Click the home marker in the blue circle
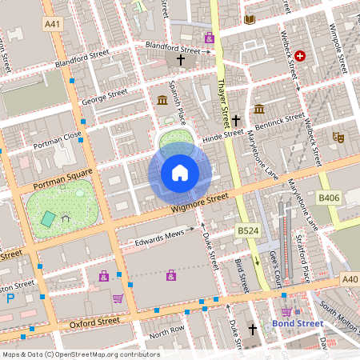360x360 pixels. [x=180, y=173]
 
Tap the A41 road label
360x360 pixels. [x=53, y=25]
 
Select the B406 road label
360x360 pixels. [x=329, y=197]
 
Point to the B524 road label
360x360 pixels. [x=247, y=230]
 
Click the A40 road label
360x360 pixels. [x=350, y=279]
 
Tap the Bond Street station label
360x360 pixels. [x=296, y=324]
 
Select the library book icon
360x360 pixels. [x=250, y=18]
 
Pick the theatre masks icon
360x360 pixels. [x=338, y=138]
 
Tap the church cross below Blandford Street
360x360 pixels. [x=181, y=60]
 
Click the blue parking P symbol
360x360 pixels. [x=10, y=298]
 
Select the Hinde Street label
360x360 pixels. [x=222, y=134]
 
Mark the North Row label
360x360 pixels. [x=166, y=330]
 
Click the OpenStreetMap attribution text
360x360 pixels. [x=80, y=354]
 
